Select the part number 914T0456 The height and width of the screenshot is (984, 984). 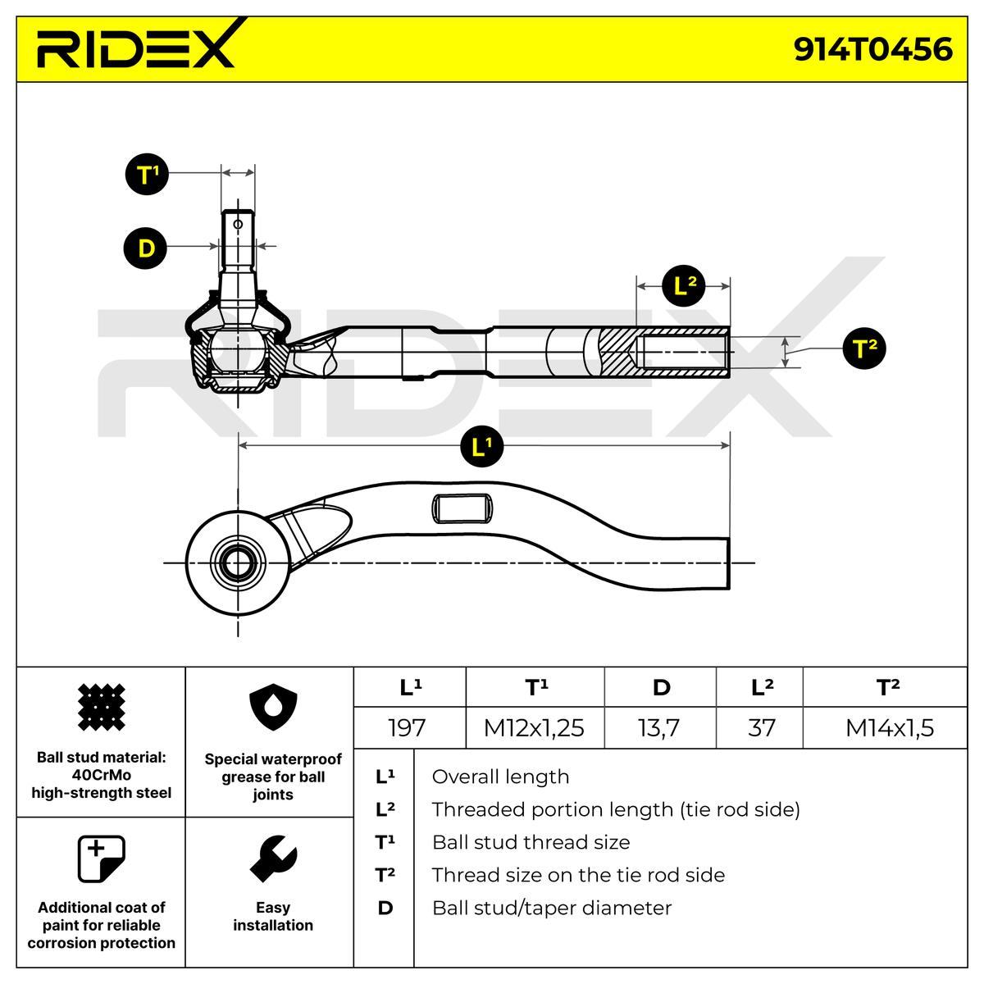[872, 49]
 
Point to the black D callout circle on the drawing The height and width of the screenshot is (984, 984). [146, 247]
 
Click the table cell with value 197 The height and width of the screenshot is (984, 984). [408, 727]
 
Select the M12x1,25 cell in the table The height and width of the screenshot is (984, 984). [534, 727]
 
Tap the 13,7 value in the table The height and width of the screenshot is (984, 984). [659, 727]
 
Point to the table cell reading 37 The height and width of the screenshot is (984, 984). [762, 727]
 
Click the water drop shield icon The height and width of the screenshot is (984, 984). [272, 710]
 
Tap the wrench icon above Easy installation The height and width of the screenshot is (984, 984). [272, 859]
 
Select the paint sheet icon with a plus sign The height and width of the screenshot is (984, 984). [101, 859]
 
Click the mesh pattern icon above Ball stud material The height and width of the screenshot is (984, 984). [101, 707]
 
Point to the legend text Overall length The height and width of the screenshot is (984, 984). [500, 777]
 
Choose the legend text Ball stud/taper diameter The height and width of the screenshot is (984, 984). [552, 908]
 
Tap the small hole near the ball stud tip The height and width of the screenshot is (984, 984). [238, 223]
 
